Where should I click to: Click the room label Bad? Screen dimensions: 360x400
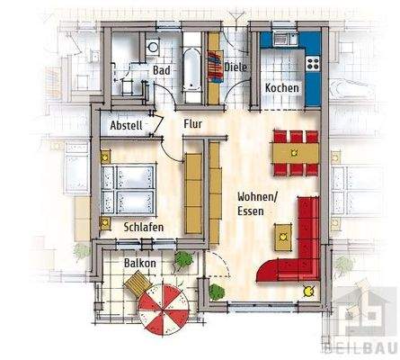point(162,69)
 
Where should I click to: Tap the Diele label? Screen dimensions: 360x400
point(236,66)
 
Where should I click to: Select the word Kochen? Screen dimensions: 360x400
point(281,87)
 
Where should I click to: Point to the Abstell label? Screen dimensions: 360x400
point(125,127)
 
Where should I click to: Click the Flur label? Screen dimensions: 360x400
point(194,124)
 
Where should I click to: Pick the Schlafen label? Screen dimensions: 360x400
point(143,228)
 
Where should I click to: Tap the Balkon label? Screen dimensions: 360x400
point(141,263)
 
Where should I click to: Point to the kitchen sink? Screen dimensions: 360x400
point(283,39)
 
